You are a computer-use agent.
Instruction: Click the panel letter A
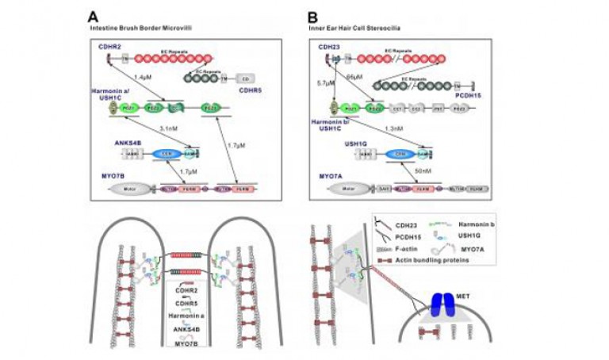coord(94,15)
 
